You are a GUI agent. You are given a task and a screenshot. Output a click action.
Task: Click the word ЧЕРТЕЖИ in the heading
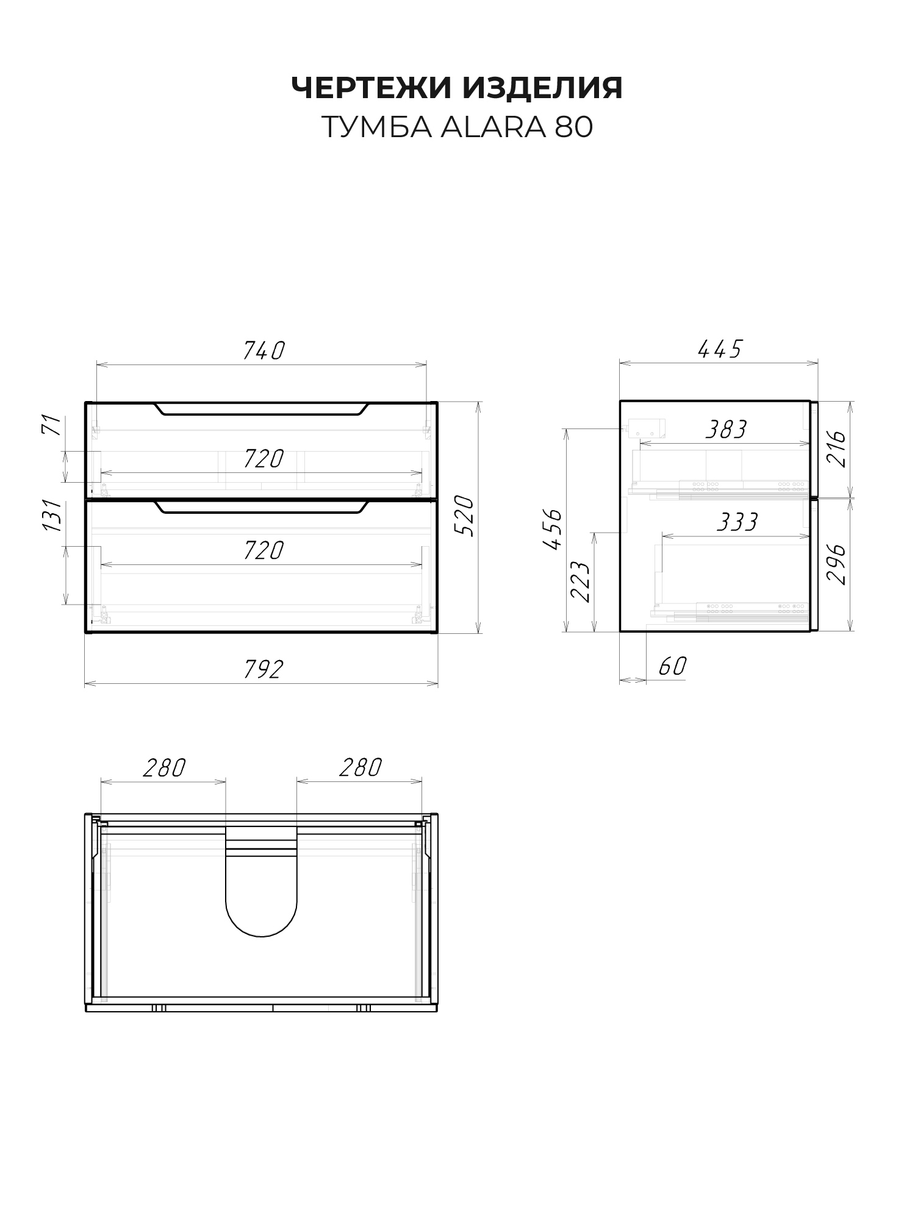tap(371, 88)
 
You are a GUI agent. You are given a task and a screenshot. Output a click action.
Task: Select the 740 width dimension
tap(264, 350)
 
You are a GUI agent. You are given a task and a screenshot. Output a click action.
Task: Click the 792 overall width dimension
tap(264, 669)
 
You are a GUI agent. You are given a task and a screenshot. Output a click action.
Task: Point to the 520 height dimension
tap(465, 516)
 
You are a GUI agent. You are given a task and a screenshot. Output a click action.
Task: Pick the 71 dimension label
tap(54, 424)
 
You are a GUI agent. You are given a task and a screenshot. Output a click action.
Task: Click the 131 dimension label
tap(54, 516)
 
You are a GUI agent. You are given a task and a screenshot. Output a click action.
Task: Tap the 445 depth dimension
tap(720, 349)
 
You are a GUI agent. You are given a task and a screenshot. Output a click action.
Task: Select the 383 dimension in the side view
tap(726, 430)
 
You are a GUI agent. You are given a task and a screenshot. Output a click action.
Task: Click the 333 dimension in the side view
tap(737, 522)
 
